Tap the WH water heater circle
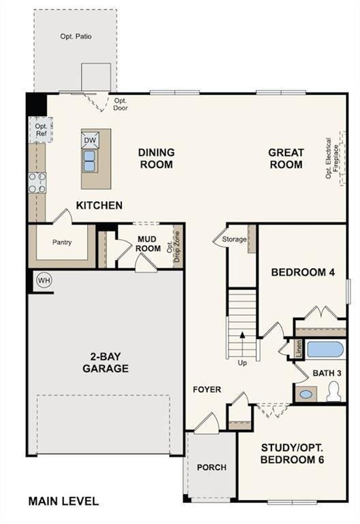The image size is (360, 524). [44, 280]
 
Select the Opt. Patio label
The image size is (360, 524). [75, 36]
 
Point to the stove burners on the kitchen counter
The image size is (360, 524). [37, 182]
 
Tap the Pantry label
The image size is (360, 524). [62, 242]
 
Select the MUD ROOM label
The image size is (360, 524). [148, 244]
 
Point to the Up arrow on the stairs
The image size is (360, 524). [241, 348]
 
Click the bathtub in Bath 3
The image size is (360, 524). [325, 350]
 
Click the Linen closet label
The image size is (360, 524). [299, 349]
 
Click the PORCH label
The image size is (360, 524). [211, 467]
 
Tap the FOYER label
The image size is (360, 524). [207, 390]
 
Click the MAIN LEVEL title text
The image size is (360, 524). [63, 501]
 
